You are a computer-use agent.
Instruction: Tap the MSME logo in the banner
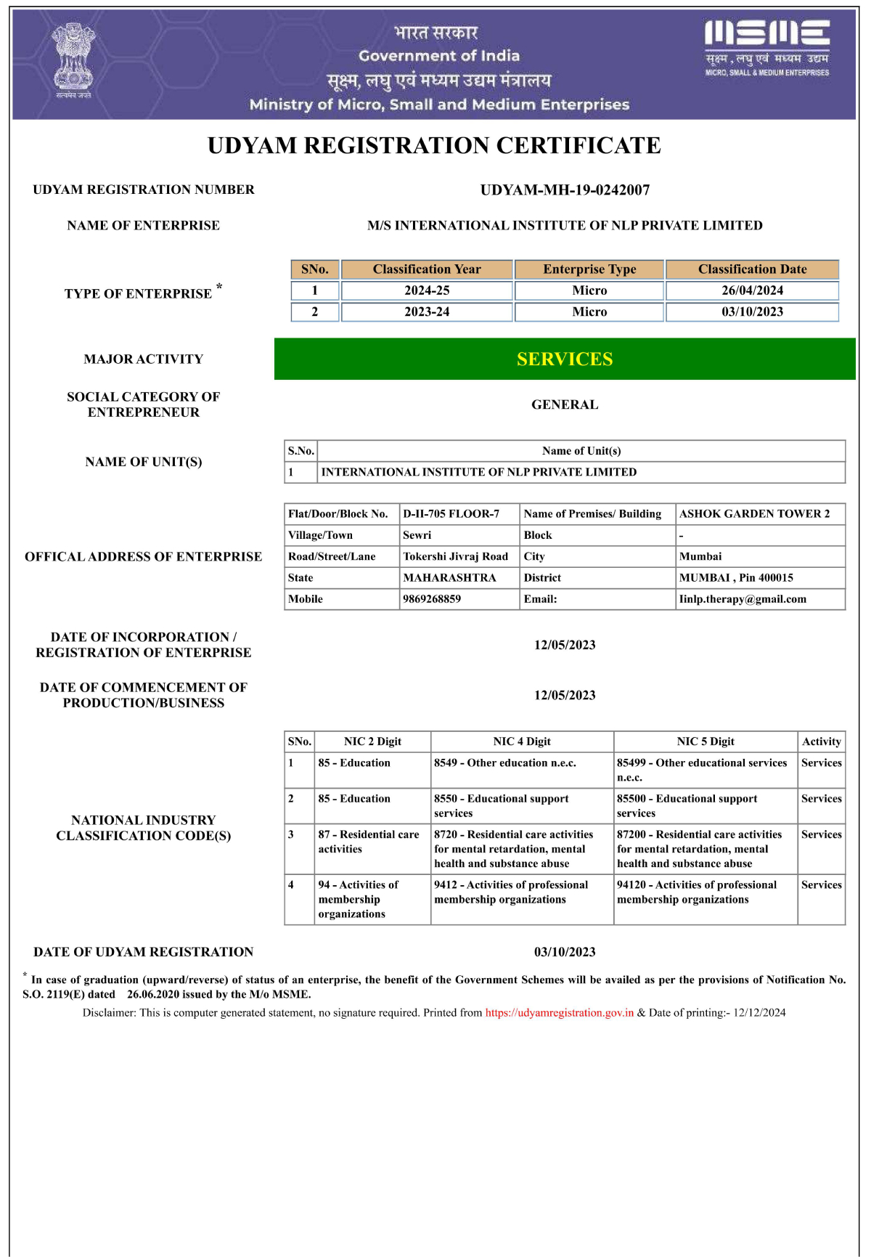(x=767, y=48)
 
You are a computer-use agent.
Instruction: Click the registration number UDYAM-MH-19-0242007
(x=565, y=190)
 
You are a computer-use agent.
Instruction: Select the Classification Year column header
(x=427, y=269)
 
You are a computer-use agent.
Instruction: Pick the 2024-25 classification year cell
(x=427, y=290)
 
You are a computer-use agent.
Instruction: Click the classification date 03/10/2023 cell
(x=752, y=312)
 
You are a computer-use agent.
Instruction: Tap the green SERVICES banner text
(x=565, y=359)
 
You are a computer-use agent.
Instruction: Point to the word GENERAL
(x=565, y=404)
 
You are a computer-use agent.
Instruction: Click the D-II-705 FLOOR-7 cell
(x=451, y=514)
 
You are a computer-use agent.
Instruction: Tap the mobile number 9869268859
(x=432, y=599)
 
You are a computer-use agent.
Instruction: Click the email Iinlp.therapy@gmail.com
(x=743, y=599)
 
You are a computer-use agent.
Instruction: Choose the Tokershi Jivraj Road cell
(x=456, y=556)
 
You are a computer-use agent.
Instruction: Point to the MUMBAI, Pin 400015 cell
(x=736, y=578)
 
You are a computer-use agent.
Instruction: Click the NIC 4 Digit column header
(x=522, y=741)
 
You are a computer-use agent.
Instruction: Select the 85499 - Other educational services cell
(x=702, y=770)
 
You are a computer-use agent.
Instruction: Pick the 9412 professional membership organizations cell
(x=511, y=892)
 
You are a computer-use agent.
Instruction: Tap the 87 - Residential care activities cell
(x=369, y=842)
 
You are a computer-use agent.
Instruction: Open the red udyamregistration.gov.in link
(x=559, y=1013)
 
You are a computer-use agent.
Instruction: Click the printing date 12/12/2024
(x=759, y=1013)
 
